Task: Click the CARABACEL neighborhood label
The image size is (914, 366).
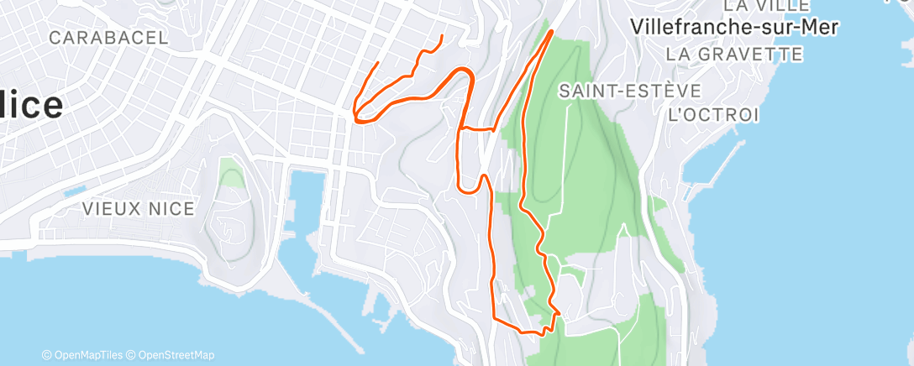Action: pos(109,38)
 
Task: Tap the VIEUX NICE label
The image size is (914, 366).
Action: pos(139,209)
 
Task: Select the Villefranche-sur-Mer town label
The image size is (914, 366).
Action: pos(734,27)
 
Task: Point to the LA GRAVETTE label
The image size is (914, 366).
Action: pos(733,55)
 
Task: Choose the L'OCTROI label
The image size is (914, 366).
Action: pos(713,113)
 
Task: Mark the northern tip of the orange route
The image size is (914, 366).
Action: pos(551,31)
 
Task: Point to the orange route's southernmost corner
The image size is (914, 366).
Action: pos(543,333)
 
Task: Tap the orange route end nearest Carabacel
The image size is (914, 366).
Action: pos(377,63)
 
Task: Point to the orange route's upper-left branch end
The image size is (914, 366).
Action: pos(443,36)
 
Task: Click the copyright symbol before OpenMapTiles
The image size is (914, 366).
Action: pos(47,356)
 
